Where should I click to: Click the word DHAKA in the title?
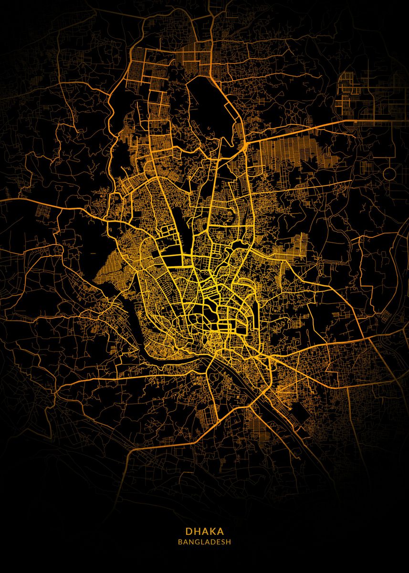tap(204, 531)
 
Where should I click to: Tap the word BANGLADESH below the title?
tap(204, 542)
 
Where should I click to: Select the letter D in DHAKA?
tap(189, 531)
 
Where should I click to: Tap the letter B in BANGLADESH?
tap(180, 542)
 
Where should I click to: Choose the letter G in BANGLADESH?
tap(196, 542)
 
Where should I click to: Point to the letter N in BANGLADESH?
tap(190, 542)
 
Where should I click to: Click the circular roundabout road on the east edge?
tap(389, 173)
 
